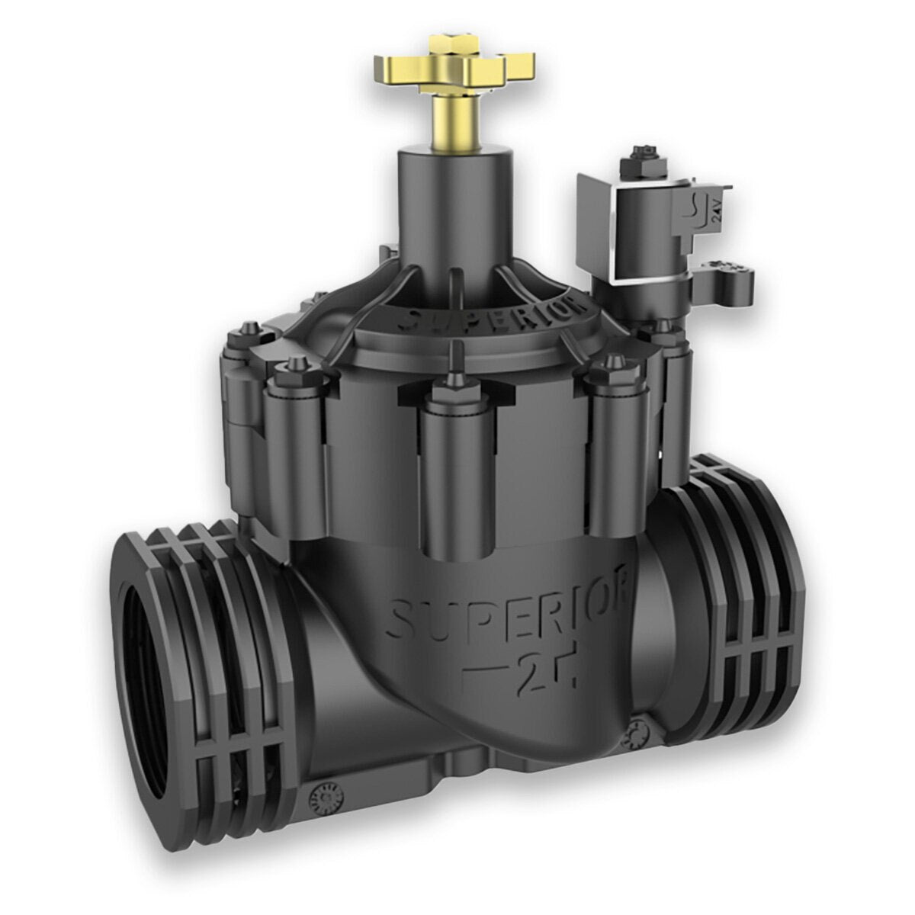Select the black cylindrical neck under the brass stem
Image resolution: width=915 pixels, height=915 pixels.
445,221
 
